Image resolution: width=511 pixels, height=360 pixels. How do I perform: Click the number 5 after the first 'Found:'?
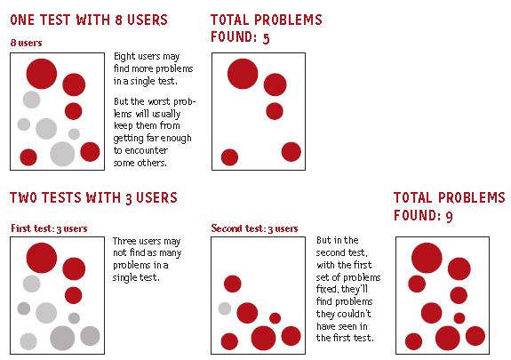point(267,38)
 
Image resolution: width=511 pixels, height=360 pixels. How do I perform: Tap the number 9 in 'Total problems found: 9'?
point(449,216)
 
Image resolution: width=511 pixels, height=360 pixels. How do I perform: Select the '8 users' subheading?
point(26,43)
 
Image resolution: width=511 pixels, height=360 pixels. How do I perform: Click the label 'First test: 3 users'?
point(49,228)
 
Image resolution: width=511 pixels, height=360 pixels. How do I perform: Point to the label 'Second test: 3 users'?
point(254,228)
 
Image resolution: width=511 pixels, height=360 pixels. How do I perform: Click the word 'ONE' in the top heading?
point(23,20)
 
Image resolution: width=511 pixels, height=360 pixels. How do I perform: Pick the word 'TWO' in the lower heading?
point(23,197)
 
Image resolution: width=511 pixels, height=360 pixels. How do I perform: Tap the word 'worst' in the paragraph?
point(159,101)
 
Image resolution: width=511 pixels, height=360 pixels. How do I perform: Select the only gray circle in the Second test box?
point(225,308)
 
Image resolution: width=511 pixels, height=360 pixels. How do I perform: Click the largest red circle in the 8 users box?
point(42,74)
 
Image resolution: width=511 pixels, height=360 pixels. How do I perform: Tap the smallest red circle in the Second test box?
point(275,318)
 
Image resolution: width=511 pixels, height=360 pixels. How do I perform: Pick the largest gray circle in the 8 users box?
point(62,154)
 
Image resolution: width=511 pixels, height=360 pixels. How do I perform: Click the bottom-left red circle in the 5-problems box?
point(230,157)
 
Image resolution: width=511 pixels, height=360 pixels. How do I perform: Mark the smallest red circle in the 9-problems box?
point(459,318)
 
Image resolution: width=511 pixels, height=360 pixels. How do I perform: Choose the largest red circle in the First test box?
point(42,258)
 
